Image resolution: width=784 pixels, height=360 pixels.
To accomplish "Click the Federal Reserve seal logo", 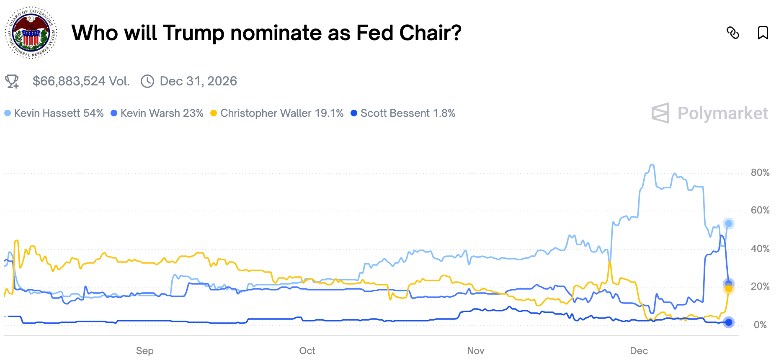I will [31, 33].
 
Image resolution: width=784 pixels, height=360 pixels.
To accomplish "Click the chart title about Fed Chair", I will [266, 33].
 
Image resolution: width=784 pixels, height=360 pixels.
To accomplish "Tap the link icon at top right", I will [733, 33].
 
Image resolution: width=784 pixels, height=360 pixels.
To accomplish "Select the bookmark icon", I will [763, 33].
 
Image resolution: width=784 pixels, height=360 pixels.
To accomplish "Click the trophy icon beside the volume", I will [12, 81].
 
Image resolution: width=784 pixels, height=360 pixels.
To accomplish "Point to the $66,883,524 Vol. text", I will [81, 81].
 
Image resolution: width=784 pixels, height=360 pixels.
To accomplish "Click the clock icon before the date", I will [147, 81].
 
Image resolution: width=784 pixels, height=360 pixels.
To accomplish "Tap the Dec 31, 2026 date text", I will [198, 81].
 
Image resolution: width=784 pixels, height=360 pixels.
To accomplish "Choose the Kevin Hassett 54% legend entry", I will [54, 113].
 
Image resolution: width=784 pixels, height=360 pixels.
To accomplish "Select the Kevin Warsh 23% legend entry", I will [157, 113].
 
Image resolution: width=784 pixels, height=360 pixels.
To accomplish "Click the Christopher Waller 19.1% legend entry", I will [277, 113].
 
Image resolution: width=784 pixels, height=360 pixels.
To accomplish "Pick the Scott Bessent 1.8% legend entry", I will [403, 113].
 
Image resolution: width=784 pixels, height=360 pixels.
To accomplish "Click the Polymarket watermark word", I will [723, 113].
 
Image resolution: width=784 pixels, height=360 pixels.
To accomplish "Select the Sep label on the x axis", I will [145, 351].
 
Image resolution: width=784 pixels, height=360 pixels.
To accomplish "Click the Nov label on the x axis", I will [476, 351].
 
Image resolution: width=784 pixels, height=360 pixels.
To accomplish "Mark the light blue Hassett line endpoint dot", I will [729, 224].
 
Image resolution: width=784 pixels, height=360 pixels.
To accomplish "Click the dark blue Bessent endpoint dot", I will [729, 322].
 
